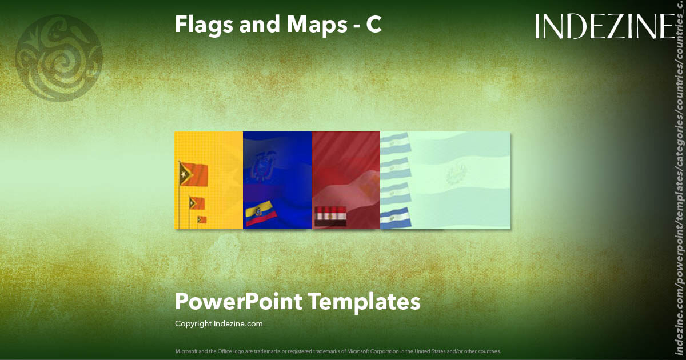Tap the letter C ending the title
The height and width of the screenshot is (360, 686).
click(374, 25)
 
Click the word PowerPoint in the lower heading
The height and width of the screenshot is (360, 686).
click(238, 301)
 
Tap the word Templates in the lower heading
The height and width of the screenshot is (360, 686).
click(365, 301)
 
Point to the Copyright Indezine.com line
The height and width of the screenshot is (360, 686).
click(218, 323)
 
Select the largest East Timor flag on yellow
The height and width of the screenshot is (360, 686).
click(193, 173)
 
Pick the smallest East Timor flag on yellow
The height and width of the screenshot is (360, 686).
click(202, 219)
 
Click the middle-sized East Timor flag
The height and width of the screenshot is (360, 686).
click(197, 203)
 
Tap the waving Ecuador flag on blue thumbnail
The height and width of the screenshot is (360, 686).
click(261, 216)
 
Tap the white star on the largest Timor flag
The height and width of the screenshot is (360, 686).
click(184, 172)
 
